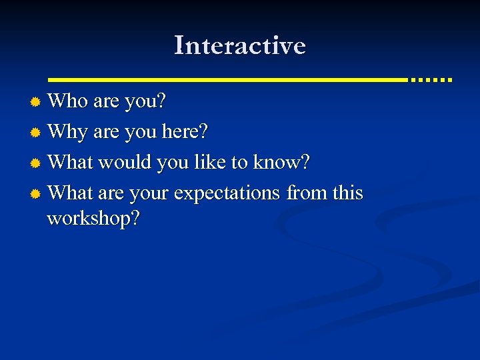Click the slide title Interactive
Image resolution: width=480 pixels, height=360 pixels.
[x=240, y=46]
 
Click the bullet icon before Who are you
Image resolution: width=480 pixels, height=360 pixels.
[x=36, y=102]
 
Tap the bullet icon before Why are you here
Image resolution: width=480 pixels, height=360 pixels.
[x=36, y=133]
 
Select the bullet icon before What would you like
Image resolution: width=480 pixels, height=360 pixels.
[x=36, y=163]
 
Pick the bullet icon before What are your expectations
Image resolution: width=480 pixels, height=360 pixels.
[x=36, y=193]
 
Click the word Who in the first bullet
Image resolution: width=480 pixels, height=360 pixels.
[x=69, y=101]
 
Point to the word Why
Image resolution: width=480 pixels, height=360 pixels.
[x=68, y=133]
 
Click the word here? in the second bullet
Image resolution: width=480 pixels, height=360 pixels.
[x=185, y=132]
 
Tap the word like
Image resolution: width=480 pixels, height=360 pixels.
[x=210, y=162]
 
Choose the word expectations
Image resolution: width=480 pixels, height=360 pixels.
[x=227, y=193]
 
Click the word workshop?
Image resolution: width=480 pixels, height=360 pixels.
[x=93, y=219]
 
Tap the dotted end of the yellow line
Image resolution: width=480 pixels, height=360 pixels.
[x=431, y=79]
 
